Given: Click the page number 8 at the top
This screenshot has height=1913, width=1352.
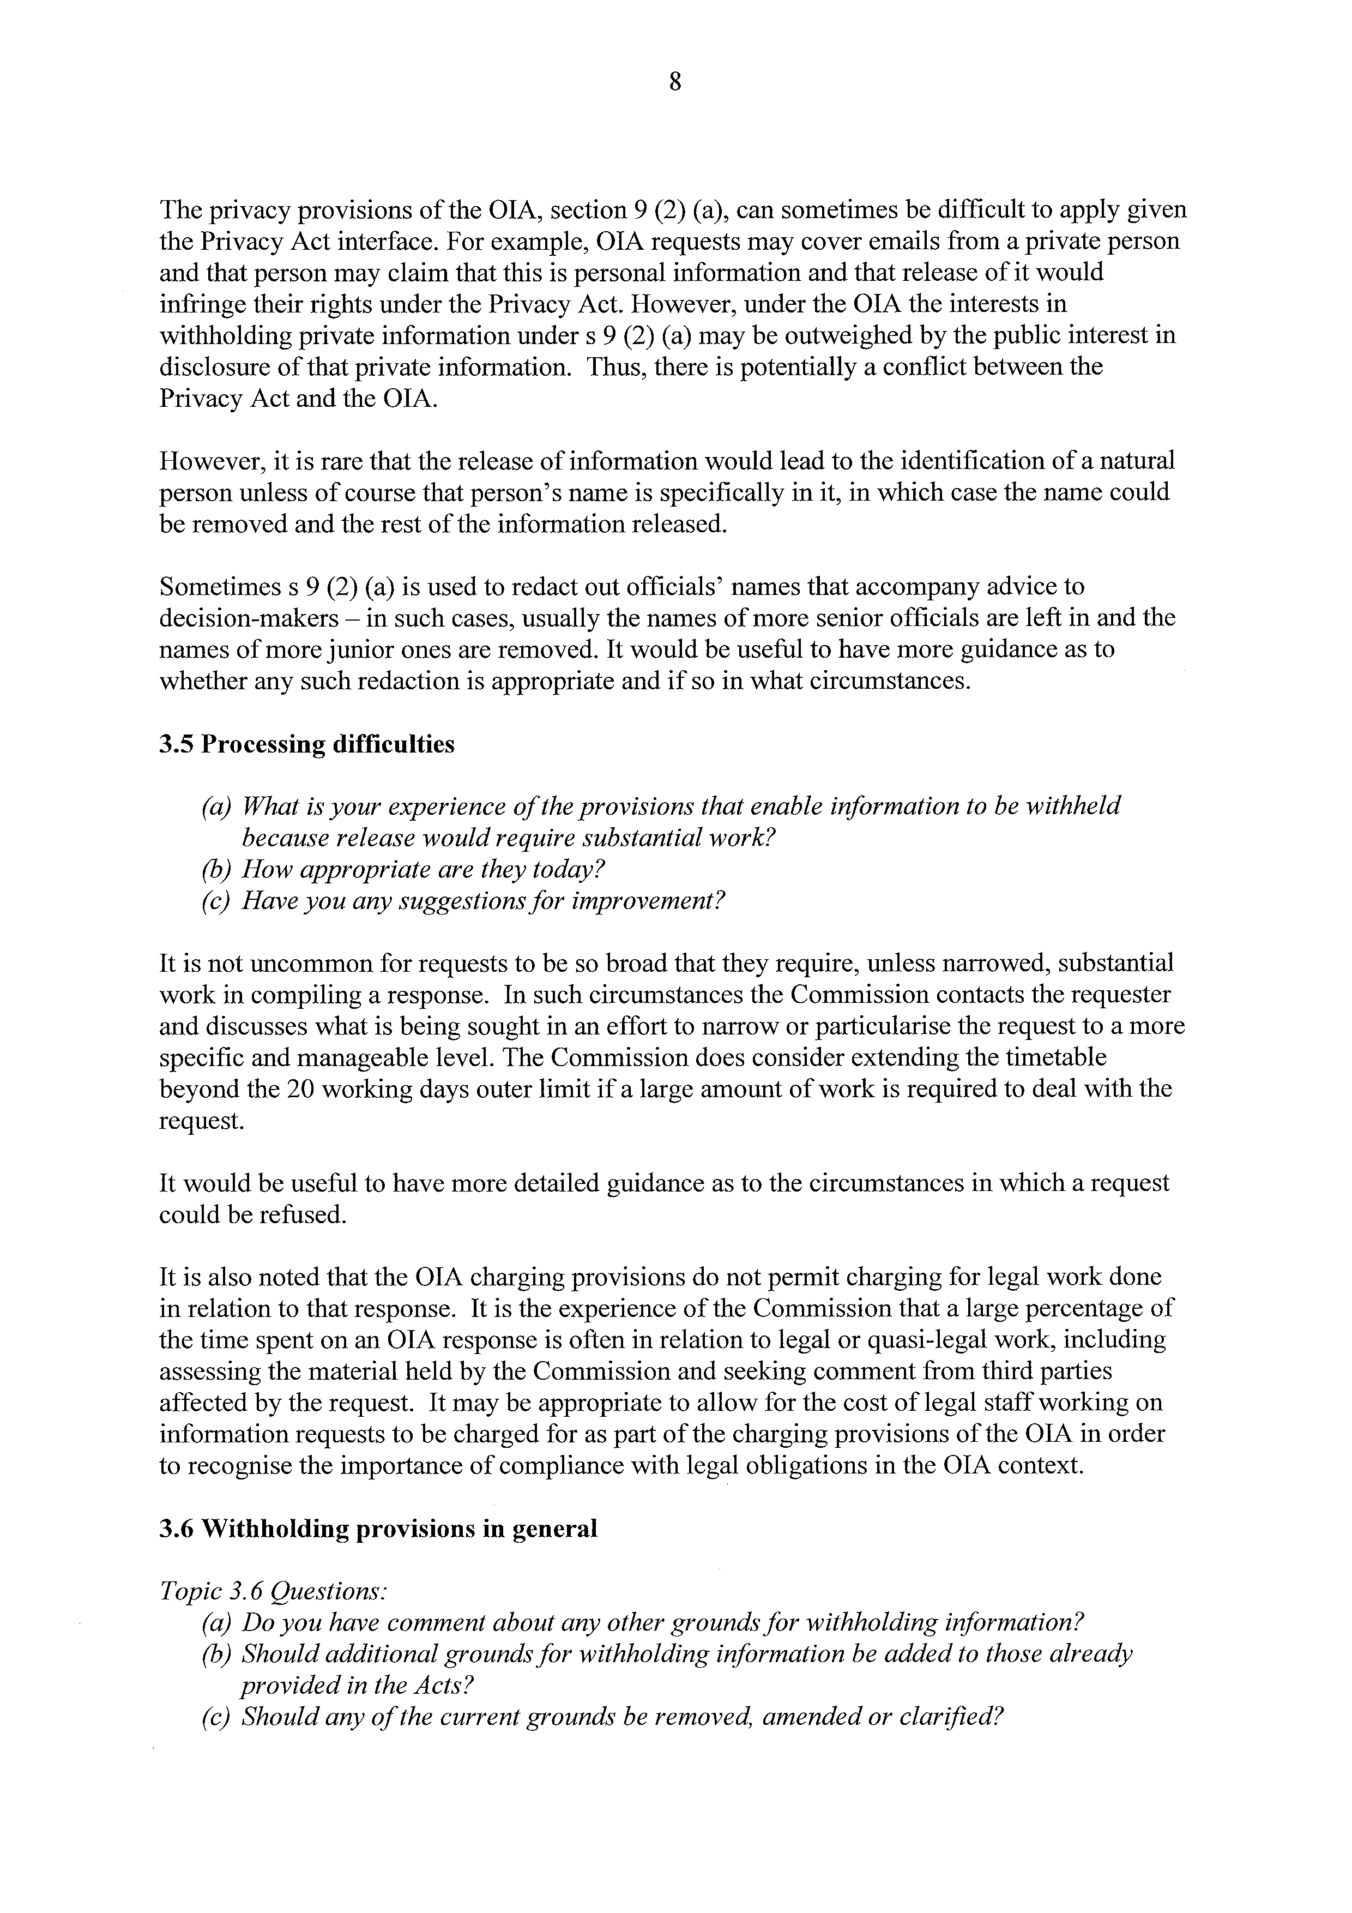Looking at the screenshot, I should [675, 82].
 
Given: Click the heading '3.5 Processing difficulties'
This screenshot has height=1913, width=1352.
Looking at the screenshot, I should [306, 743].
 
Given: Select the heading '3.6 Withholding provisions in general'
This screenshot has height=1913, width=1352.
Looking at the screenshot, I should [378, 1529].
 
